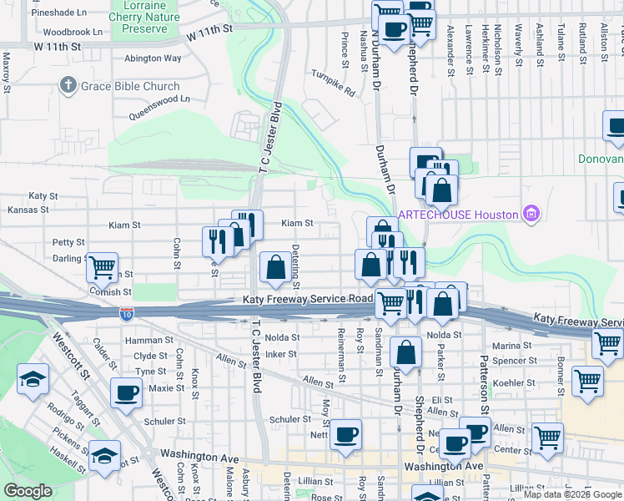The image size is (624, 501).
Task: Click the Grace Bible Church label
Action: coord(130,86)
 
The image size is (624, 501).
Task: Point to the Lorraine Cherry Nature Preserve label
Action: coord(144,17)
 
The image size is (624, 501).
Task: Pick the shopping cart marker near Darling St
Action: coord(102,267)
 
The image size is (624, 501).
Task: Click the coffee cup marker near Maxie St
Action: coord(126,392)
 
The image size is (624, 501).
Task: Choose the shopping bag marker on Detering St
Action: coord(275,267)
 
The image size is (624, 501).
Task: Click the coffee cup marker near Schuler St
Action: coord(346,434)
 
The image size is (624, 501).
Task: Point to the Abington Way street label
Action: coord(153,58)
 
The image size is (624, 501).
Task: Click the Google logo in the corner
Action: coord(28,492)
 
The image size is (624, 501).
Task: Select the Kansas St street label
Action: coord(23,209)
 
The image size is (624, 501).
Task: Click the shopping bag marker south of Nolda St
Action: coord(406,353)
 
